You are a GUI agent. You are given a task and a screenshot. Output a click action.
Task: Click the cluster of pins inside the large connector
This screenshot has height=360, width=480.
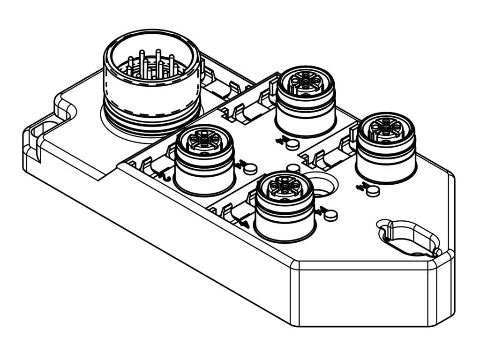tap(151, 67)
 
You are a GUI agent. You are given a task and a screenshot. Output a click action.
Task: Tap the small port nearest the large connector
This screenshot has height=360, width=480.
tap(204, 159)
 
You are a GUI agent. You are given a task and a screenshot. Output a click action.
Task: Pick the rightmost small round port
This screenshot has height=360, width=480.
tap(386, 147)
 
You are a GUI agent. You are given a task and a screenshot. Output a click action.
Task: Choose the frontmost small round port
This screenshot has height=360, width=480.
tap(285, 206)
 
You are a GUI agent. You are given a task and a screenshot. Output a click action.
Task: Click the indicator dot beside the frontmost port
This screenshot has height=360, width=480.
tap(331, 215)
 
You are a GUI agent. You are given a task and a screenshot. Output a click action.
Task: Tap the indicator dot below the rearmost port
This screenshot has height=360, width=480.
tap(292, 144)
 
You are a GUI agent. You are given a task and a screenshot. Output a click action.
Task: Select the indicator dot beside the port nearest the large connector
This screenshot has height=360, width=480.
tap(251, 167)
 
